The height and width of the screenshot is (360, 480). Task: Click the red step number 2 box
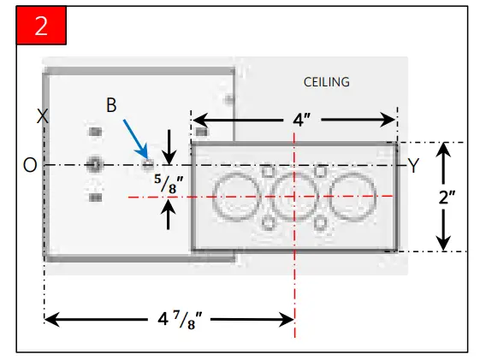coord(41,25)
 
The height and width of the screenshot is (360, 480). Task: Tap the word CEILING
coord(326,82)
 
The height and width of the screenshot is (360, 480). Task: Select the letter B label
coord(111,104)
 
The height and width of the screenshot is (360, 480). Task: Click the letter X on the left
coord(42,117)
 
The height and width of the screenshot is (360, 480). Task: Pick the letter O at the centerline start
coord(30,166)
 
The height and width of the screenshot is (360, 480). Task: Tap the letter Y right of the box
coord(413,166)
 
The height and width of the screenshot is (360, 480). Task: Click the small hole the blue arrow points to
coord(148,162)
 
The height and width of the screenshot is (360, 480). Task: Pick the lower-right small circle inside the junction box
coord(320,224)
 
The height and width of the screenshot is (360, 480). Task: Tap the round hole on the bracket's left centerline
coord(94,164)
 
